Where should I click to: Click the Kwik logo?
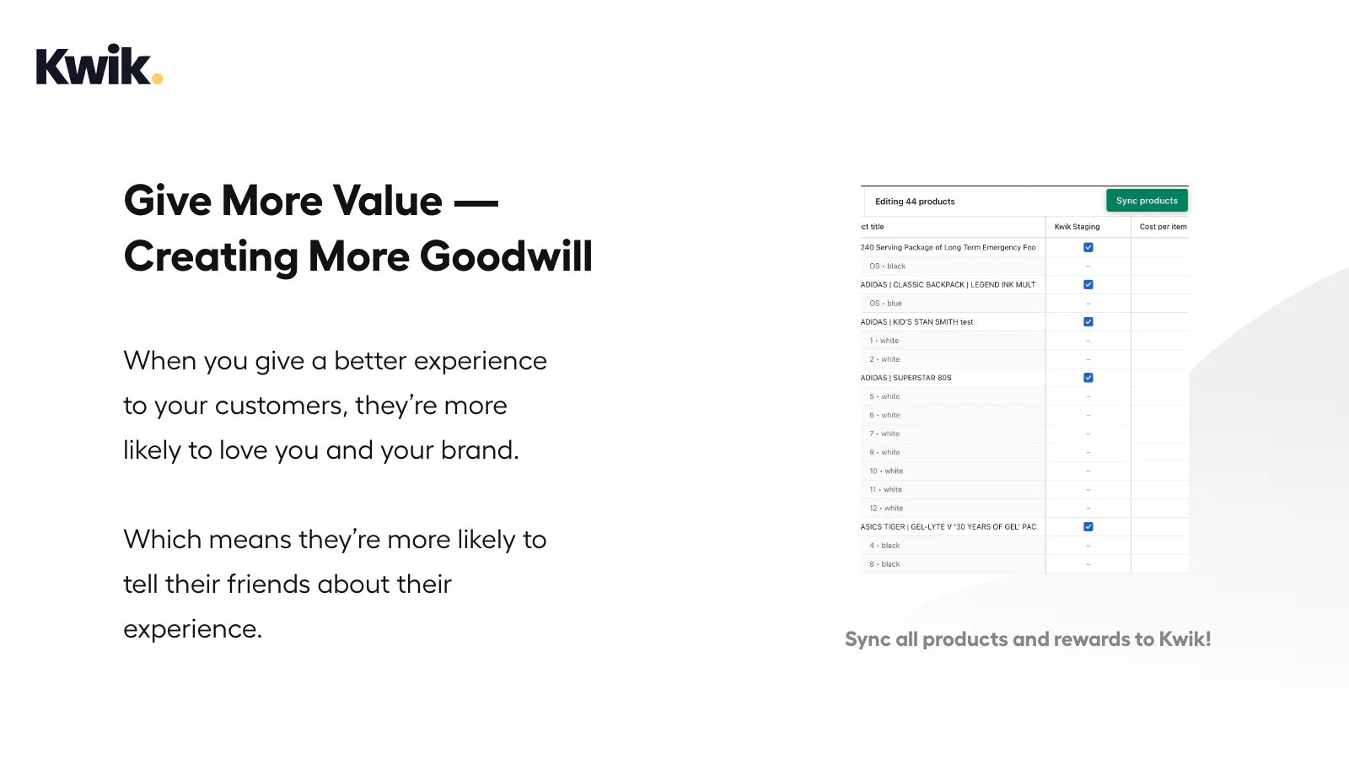coord(99,64)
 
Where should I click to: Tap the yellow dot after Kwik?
coord(157,78)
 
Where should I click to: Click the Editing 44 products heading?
coord(915,202)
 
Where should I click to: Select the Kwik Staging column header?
coord(1077,227)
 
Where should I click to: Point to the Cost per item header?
coord(1163,227)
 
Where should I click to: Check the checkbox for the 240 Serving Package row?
coord(1088,248)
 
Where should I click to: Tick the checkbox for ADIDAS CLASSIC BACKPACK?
coord(1088,284)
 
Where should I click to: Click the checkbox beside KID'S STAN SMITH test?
coord(1088,321)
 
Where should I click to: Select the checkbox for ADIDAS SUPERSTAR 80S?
coord(1088,378)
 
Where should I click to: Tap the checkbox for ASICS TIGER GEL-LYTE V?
coord(1088,526)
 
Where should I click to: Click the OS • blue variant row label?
coord(885,303)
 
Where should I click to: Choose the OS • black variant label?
coord(887,266)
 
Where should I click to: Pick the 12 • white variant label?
coord(886,508)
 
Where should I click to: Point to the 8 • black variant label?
coord(884,564)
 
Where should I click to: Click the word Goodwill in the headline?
coord(506,257)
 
